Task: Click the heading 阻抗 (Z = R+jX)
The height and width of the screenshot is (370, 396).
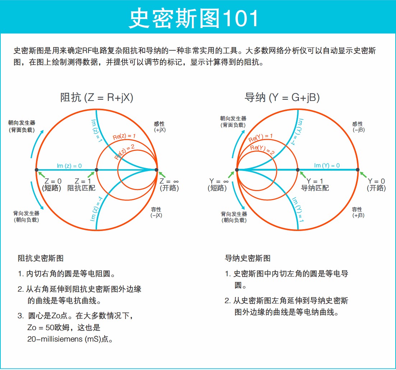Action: (x=96, y=97)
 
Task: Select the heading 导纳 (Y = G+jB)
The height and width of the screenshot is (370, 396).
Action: (x=282, y=97)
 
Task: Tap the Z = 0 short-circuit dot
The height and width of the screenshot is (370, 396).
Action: (x=36, y=170)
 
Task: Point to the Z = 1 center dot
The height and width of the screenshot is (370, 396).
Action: (x=96, y=170)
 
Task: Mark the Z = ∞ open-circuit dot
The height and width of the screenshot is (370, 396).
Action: (x=156, y=170)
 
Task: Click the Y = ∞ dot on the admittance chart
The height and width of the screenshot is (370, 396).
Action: (x=237, y=170)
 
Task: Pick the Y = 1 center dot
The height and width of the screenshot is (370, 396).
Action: (x=297, y=170)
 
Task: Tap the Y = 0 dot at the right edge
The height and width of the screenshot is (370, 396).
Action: (x=358, y=170)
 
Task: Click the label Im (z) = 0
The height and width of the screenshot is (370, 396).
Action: (x=69, y=166)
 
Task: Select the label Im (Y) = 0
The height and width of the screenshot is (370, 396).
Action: (x=327, y=165)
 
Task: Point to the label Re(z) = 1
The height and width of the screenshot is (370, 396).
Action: (x=124, y=137)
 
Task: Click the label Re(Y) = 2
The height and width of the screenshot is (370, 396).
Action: (x=262, y=150)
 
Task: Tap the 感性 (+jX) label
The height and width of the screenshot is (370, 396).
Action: (x=160, y=127)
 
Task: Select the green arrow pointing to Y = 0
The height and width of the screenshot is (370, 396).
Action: (x=364, y=175)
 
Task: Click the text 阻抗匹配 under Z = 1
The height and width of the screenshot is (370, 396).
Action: (x=82, y=188)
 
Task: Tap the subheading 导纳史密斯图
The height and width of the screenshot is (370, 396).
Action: (x=248, y=258)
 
